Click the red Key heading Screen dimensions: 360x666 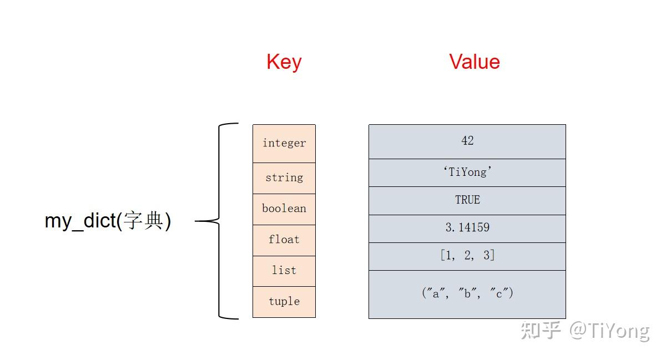tap(284, 62)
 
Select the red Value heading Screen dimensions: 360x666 tap(475, 62)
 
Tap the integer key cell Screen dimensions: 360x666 tap(284, 144)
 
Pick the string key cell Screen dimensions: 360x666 tap(284, 178)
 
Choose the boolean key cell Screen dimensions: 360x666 tap(284, 209)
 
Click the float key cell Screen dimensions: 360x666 tap(284, 240)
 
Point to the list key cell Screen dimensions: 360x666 tap(284, 271)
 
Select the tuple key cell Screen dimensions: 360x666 tap(284, 302)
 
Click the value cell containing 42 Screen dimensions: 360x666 tap(467, 141)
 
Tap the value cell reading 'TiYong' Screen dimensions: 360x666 tap(467, 173)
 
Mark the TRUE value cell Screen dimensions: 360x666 tap(467, 200)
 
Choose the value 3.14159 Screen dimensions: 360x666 tap(467, 228)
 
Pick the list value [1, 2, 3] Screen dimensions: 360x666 tap(467, 256)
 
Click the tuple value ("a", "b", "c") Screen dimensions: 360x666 tap(467, 294)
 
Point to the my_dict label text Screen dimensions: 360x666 tap(80, 221)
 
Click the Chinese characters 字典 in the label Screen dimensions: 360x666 tap(143, 221)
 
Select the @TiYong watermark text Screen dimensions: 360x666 tap(609, 331)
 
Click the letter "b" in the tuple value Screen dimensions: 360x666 tap(467, 294)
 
